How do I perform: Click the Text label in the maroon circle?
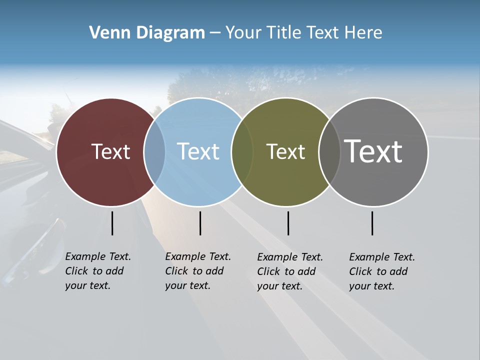tap(110, 151)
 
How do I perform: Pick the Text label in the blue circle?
tap(198, 151)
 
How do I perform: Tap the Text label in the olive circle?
tap(285, 151)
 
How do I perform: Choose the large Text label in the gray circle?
tap(373, 151)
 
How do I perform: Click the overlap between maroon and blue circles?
tap(154, 152)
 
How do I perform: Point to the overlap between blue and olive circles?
tap(242, 152)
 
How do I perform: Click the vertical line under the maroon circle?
tap(112, 223)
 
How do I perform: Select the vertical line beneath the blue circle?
tap(200, 223)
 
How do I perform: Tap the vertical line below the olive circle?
tap(288, 223)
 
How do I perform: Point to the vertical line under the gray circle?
tap(372, 223)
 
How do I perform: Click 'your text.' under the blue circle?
tap(187, 285)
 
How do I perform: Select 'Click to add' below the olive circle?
tap(286, 271)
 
